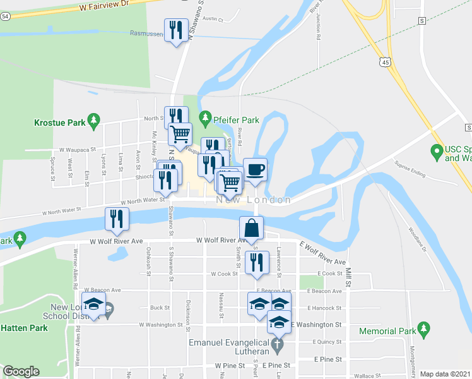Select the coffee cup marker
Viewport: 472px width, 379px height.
(x=255, y=169)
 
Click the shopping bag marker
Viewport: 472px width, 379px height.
(x=251, y=228)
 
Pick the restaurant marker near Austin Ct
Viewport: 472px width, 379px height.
(x=175, y=30)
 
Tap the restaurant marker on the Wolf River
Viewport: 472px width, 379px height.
(x=117, y=219)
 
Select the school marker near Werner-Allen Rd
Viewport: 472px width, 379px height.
(x=93, y=307)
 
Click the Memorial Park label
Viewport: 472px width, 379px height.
(x=387, y=331)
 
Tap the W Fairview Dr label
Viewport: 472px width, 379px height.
(x=104, y=5)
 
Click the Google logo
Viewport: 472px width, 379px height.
(x=21, y=371)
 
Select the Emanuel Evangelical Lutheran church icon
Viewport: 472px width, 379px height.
(x=281, y=344)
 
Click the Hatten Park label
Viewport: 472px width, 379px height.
(x=24, y=328)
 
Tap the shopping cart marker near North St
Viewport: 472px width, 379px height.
(x=180, y=135)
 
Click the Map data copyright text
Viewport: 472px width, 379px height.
(x=445, y=374)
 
